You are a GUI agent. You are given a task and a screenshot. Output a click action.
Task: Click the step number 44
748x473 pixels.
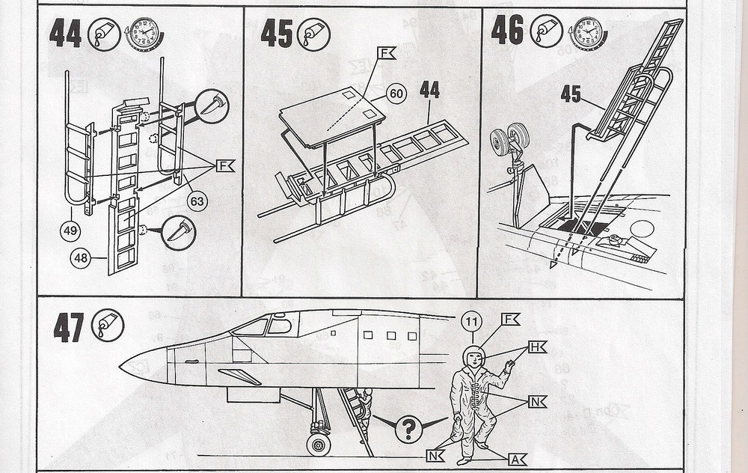pyautogui.click(x=65, y=34)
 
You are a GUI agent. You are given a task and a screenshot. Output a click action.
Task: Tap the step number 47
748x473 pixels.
pyautogui.click(x=70, y=328)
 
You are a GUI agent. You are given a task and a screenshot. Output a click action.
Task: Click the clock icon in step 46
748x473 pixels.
pyautogui.click(x=587, y=33)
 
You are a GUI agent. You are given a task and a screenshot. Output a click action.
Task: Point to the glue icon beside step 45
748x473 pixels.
pyautogui.click(x=314, y=34)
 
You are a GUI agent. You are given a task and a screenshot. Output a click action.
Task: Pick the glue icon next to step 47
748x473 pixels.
pyautogui.click(x=108, y=326)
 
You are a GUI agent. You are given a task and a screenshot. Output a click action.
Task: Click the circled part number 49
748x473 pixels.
pyautogui.click(x=70, y=231)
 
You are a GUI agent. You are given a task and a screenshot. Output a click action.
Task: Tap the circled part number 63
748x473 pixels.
pyautogui.click(x=197, y=201)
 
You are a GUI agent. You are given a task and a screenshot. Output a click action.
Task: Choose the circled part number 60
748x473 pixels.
pyautogui.click(x=396, y=94)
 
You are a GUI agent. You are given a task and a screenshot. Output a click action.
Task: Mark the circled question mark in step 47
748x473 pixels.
pyautogui.click(x=408, y=429)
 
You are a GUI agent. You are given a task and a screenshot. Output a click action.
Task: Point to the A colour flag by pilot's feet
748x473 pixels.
pyautogui.click(x=517, y=460)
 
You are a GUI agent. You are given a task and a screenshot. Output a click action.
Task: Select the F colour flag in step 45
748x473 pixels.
pyautogui.click(x=386, y=53)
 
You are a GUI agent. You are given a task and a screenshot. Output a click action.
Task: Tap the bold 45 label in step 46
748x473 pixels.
pyautogui.click(x=571, y=94)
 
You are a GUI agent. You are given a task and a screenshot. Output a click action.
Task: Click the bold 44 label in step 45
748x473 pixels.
pyautogui.click(x=429, y=91)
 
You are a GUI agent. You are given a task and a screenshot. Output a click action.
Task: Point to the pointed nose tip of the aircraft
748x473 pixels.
pyautogui.click(x=122, y=367)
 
